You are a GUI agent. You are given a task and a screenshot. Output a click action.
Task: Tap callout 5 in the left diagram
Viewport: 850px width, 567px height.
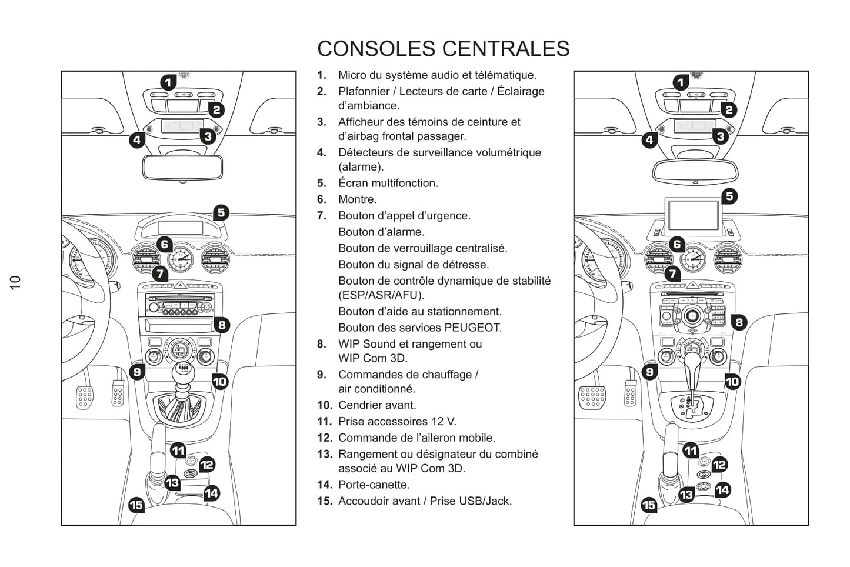coord(221,212)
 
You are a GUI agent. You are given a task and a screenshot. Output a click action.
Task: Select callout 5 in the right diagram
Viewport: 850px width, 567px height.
coord(729,196)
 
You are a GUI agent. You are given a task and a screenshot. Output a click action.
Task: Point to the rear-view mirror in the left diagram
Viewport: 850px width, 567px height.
coord(182,167)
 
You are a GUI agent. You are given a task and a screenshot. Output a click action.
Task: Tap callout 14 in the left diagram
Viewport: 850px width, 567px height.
coord(211,493)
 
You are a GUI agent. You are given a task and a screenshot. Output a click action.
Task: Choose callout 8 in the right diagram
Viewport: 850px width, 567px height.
coord(739,322)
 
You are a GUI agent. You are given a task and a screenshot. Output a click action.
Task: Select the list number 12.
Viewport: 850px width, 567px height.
coord(325,438)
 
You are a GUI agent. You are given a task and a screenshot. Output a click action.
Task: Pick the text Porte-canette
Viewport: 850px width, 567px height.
coord(374,485)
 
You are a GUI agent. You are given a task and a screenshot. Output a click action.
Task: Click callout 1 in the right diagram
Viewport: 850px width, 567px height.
coord(681,82)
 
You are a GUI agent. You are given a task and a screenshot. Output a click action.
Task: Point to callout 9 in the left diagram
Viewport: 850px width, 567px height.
coord(137,372)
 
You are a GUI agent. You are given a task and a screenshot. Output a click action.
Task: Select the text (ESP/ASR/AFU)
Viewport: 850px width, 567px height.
coord(381,295)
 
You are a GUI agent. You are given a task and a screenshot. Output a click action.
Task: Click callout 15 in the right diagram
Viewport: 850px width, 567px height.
coord(648,505)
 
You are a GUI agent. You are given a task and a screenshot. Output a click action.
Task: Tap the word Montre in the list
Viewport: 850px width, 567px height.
coord(356,199)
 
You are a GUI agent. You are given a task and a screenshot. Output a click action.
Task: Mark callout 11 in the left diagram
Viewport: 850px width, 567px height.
coord(178,451)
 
